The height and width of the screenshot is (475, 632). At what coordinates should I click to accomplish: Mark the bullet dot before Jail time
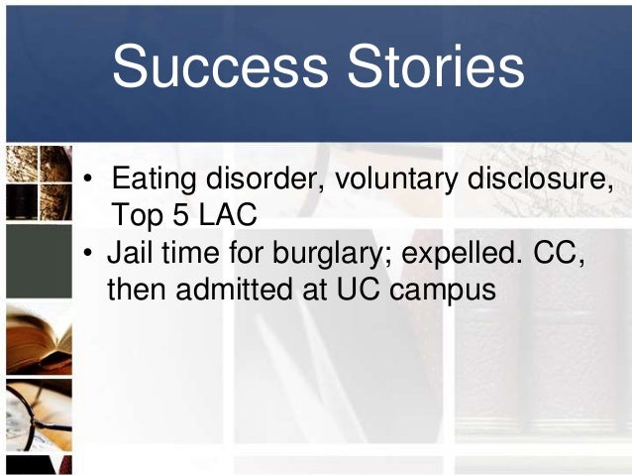89,255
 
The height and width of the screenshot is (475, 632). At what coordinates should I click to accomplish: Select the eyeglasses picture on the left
38,416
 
